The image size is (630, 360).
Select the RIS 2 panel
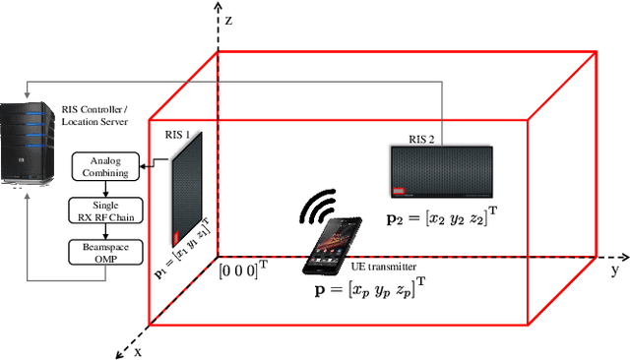(x=442, y=171)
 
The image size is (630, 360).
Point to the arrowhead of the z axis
(x=209, y=7)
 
